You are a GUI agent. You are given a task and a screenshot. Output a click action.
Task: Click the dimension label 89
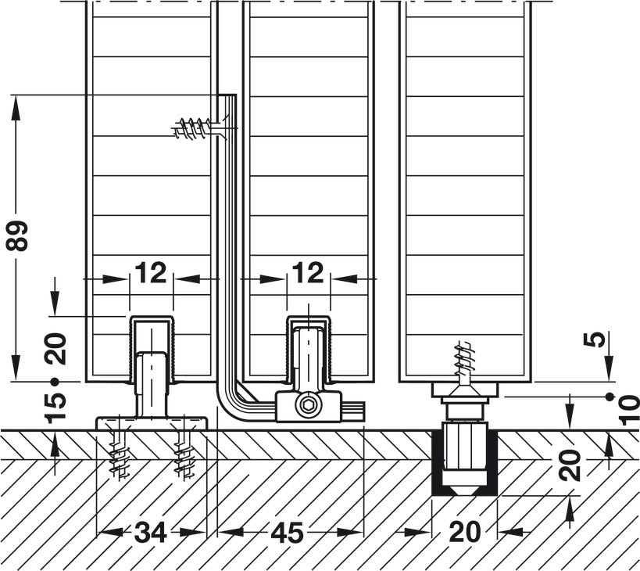pyautogui.click(x=20, y=235)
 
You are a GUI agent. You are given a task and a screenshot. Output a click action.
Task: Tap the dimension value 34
pyautogui.click(x=150, y=533)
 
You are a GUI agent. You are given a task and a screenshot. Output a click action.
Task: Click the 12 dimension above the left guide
pyautogui.click(x=150, y=273)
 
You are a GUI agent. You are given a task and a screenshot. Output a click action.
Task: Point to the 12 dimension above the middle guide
pyautogui.click(x=308, y=273)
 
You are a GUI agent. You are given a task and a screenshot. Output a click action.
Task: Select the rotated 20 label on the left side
pyautogui.click(x=56, y=348)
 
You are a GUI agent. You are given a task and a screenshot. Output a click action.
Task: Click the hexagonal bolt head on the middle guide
pyautogui.click(x=309, y=406)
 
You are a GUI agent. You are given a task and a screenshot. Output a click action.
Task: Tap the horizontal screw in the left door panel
pyautogui.click(x=193, y=128)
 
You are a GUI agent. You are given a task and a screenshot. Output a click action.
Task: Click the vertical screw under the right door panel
pyautogui.click(x=464, y=361)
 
